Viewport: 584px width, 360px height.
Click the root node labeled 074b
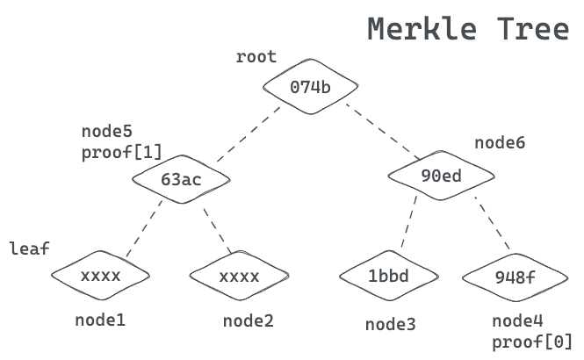click(x=311, y=86)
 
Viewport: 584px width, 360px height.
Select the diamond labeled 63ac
click(x=181, y=180)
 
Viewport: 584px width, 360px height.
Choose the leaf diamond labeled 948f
click(x=515, y=277)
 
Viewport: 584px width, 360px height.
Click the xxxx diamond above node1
click(x=100, y=276)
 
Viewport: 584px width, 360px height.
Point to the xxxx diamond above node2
click(x=239, y=277)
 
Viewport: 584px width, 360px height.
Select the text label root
click(x=256, y=57)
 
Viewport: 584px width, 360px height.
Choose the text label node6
click(x=500, y=142)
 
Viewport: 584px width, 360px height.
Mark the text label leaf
click(x=30, y=248)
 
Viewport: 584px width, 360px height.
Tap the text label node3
click(x=391, y=325)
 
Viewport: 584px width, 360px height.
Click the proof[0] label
click(x=532, y=341)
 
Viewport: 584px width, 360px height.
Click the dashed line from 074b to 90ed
click(x=380, y=132)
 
